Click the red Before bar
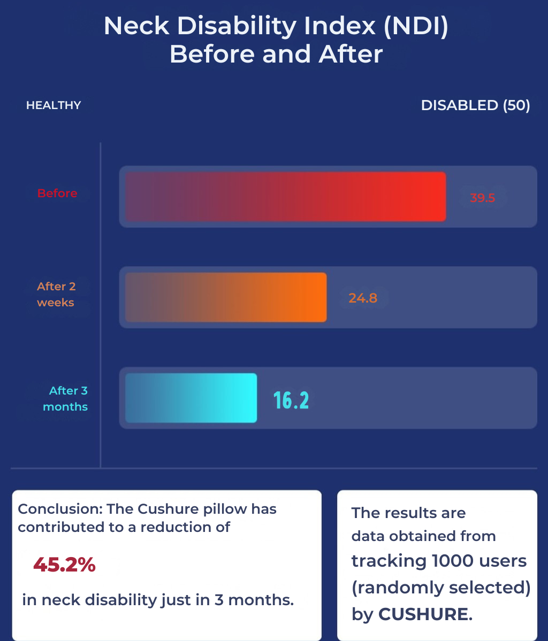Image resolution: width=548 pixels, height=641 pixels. (285, 196)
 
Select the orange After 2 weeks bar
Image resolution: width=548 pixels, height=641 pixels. (226, 297)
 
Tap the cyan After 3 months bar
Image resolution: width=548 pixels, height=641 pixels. (191, 398)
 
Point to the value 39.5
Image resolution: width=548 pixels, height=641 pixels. (482, 198)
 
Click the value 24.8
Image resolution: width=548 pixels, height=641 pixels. (363, 298)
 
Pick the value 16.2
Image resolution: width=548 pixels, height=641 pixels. (291, 400)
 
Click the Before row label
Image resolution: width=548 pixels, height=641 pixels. (57, 193)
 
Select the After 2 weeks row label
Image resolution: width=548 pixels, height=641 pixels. (56, 295)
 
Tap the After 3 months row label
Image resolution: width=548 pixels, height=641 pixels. (65, 399)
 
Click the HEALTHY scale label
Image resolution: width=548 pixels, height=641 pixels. (54, 105)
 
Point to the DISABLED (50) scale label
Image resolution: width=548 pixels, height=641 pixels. (475, 105)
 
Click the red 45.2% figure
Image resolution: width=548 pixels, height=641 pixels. (64, 565)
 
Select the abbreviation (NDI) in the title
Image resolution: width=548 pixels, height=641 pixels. (415, 26)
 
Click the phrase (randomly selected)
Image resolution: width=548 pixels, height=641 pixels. (441, 588)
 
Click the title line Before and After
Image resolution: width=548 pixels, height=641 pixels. (276, 54)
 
